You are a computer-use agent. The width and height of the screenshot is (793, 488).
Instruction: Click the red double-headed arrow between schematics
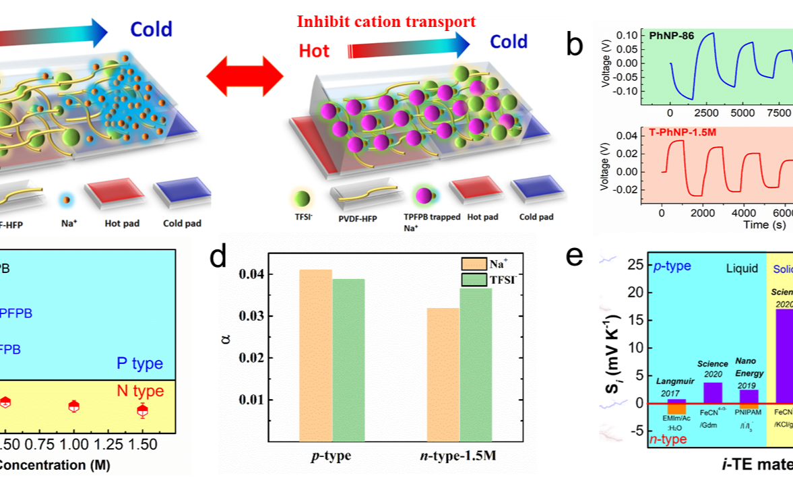point(244,79)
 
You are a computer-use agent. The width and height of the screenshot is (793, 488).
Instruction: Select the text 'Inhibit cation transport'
point(387,22)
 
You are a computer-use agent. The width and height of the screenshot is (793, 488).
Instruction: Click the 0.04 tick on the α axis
point(249,274)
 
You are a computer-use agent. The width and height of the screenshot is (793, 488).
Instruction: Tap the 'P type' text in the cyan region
point(139,363)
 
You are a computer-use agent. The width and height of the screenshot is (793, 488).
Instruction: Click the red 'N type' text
point(140,391)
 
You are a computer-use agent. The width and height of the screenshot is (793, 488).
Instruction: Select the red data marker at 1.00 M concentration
point(74,406)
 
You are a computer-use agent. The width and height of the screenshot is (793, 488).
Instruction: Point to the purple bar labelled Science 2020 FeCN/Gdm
point(712,392)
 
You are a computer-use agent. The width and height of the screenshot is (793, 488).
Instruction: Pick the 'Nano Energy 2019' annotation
point(749,367)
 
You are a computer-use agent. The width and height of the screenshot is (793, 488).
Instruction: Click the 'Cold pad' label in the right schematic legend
point(536,217)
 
